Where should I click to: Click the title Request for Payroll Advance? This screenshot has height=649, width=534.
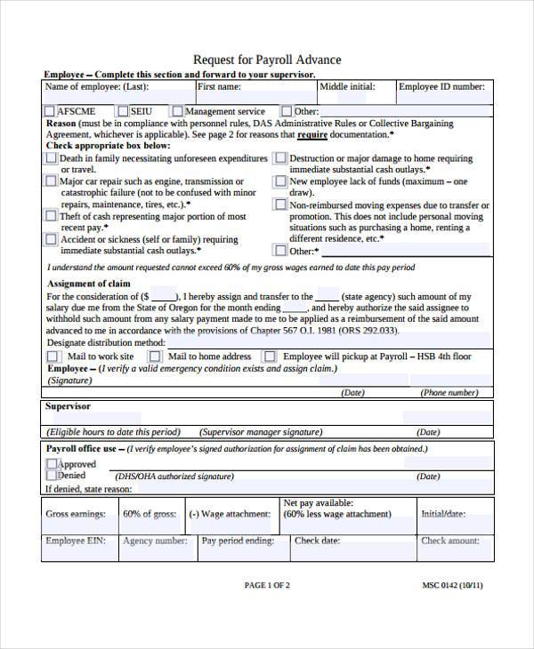pos(267,60)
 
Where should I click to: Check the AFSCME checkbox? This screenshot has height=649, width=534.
pos(50,111)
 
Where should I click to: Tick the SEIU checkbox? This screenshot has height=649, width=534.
pos(122,111)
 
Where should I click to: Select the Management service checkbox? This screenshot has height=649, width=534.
pos(177,111)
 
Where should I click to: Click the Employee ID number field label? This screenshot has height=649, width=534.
pos(441,87)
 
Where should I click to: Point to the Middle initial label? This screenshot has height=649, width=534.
pos(347,87)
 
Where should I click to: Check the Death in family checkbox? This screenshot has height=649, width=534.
pos(51,158)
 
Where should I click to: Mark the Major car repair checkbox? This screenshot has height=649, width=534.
pos(51,180)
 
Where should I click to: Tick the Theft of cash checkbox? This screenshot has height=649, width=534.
pos(51,216)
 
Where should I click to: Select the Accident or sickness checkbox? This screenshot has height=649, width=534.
pos(51,239)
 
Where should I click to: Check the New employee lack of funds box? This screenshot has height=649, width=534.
pos(280,181)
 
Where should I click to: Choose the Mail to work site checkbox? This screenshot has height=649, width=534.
pos(53,357)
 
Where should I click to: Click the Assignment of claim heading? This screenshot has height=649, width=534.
pos(89,284)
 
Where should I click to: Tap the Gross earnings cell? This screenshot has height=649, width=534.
pos(76,514)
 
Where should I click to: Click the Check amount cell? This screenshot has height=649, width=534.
pos(450,541)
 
